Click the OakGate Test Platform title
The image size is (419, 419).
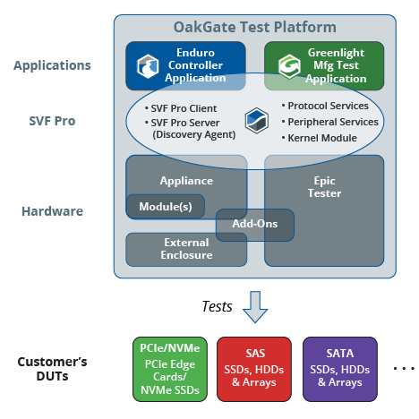pos(255,27)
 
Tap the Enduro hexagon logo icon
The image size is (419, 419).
pos(148,66)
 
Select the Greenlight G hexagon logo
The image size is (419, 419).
pos(289,66)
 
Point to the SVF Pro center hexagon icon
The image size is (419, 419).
pos(256,121)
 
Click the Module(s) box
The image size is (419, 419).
pos(166,207)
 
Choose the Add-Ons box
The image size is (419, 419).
pos(255,225)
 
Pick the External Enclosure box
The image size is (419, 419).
pos(186,250)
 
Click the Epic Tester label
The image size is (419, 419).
pos(324,187)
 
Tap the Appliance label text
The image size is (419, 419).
pos(186,181)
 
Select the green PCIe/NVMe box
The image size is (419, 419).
pos(170,369)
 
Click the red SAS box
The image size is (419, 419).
pos(254,369)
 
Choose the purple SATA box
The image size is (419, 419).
pos(340,369)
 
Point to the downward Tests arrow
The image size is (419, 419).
pos(255,307)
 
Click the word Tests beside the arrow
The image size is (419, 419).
pos(217,306)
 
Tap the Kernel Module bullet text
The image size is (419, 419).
pos(320,138)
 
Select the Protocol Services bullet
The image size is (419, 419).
pos(325,106)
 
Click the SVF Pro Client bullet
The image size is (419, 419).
pos(181,108)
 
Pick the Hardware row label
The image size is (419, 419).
pos(52,211)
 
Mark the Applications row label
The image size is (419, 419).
pos(52,65)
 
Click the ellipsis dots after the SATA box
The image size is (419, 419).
pos(404,369)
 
